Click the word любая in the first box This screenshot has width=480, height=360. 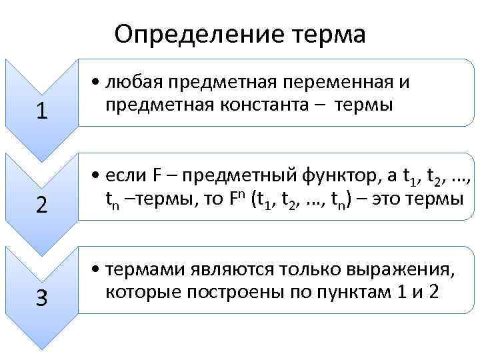coord(135,83)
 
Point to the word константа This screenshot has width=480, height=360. coord(263,105)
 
